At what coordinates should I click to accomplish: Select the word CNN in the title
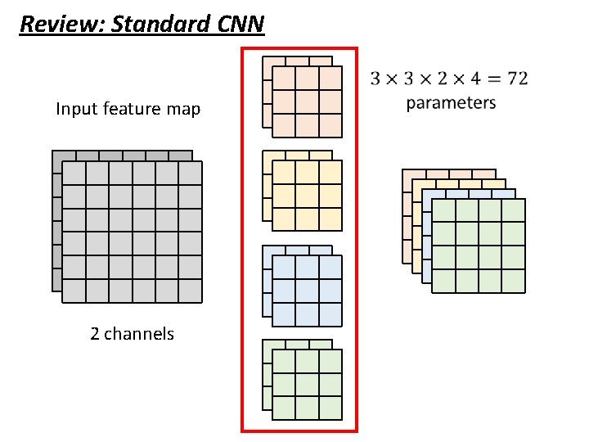point(241,24)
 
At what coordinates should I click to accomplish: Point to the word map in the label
point(183,109)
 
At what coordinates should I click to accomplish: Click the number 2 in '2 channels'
point(95,334)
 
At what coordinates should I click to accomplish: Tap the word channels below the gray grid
point(139,334)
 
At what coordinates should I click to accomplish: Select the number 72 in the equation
point(517,79)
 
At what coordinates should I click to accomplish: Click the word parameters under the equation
point(451,103)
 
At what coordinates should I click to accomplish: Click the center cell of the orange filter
point(307,101)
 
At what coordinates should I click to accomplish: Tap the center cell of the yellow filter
point(307,196)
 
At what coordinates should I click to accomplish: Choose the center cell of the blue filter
point(307,291)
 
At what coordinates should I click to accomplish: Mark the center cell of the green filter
point(307,385)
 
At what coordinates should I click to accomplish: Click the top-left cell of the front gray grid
point(74,174)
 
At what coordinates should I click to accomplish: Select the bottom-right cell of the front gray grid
point(190,291)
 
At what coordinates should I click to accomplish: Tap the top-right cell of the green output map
point(513,211)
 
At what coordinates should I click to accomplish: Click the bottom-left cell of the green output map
point(443,281)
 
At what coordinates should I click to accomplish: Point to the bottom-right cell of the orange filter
point(330,125)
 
